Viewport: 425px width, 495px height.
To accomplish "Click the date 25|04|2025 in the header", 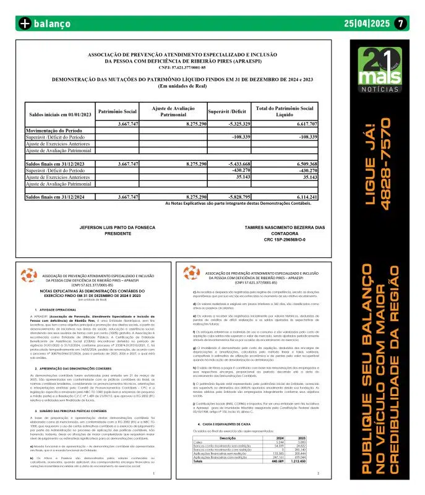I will click(366, 24).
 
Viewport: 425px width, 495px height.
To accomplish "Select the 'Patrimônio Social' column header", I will click(118, 111).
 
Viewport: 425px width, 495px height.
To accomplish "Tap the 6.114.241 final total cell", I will click(299, 197).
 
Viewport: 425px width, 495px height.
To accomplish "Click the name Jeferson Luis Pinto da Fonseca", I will click(118, 228).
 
